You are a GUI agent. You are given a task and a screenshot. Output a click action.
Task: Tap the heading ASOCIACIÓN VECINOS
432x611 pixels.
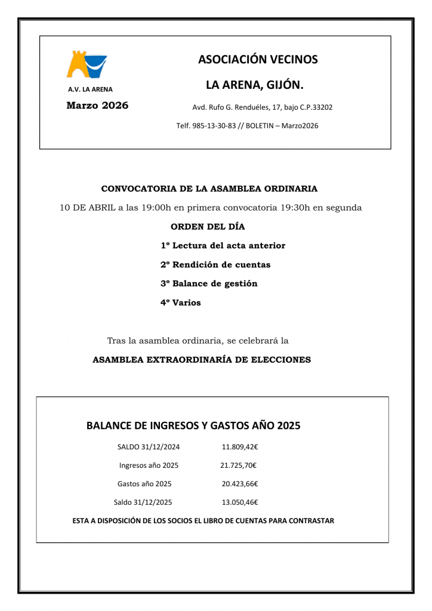[258, 60]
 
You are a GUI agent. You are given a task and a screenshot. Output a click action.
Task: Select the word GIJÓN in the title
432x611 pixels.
[281, 85]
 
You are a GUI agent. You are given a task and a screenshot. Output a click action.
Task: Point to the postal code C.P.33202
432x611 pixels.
[313, 108]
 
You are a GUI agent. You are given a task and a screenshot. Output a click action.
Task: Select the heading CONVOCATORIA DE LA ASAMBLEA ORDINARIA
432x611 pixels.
[209, 189]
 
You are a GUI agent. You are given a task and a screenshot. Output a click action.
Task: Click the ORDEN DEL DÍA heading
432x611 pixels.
[208, 227]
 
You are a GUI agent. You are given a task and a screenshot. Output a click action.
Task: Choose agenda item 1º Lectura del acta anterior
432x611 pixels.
[223, 246]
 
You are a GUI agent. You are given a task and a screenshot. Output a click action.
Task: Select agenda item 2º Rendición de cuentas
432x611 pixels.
[215, 264]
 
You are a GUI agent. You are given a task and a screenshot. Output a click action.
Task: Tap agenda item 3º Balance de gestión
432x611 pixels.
[209, 283]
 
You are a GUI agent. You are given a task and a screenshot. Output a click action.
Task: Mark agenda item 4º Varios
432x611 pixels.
[181, 303]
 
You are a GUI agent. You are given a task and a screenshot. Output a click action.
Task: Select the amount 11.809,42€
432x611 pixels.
[239, 447]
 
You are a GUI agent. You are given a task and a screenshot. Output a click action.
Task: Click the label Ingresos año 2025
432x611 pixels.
[149, 465]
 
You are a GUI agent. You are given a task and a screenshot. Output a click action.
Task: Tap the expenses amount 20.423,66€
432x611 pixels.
[239, 484]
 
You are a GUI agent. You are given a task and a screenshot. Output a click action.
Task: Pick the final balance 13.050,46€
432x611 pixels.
[239, 502]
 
